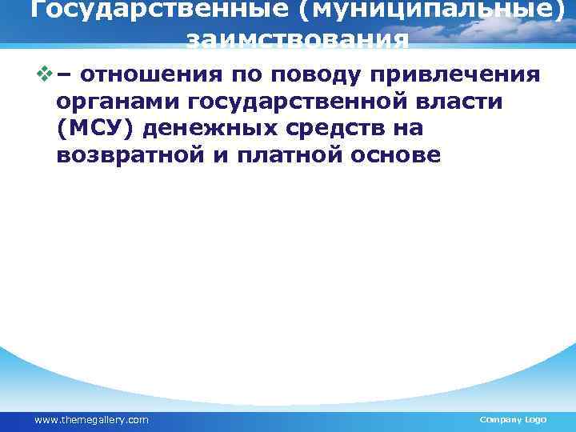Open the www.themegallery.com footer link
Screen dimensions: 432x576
[91, 420]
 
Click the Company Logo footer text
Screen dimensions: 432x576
[512, 420]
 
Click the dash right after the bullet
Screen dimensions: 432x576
[63, 75]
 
